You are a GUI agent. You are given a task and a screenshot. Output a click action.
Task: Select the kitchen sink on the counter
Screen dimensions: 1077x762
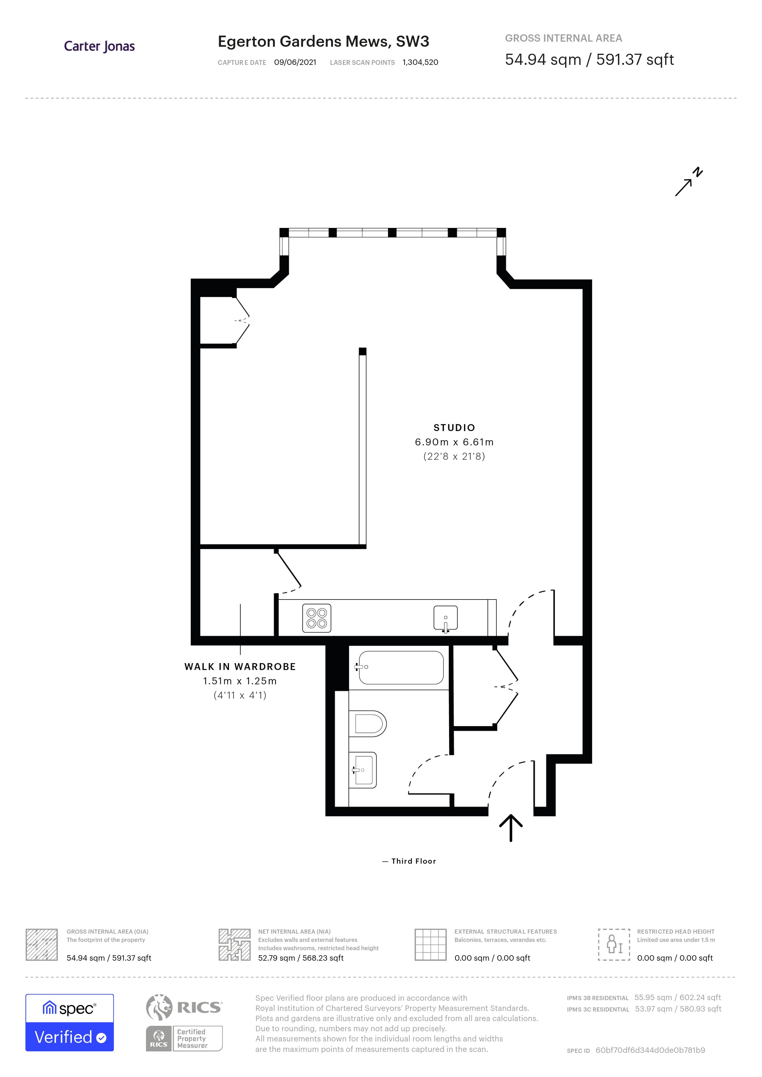pyautogui.click(x=445, y=618)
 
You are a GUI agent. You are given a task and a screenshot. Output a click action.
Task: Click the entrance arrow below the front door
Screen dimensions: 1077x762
pyautogui.click(x=510, y=827)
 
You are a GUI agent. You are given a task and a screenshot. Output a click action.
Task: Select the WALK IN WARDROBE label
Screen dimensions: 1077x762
pyautogui.click(x=240, y=667)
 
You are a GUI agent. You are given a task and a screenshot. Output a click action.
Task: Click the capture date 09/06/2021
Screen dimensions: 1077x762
pyautogui.click(x=295, y=62)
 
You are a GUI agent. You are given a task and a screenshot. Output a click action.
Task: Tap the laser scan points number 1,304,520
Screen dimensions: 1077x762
pyautogui.click(x=420, y=62)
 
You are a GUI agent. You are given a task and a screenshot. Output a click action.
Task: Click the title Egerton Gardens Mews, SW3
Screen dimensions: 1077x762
pyautogui.click(x=323, y=42)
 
